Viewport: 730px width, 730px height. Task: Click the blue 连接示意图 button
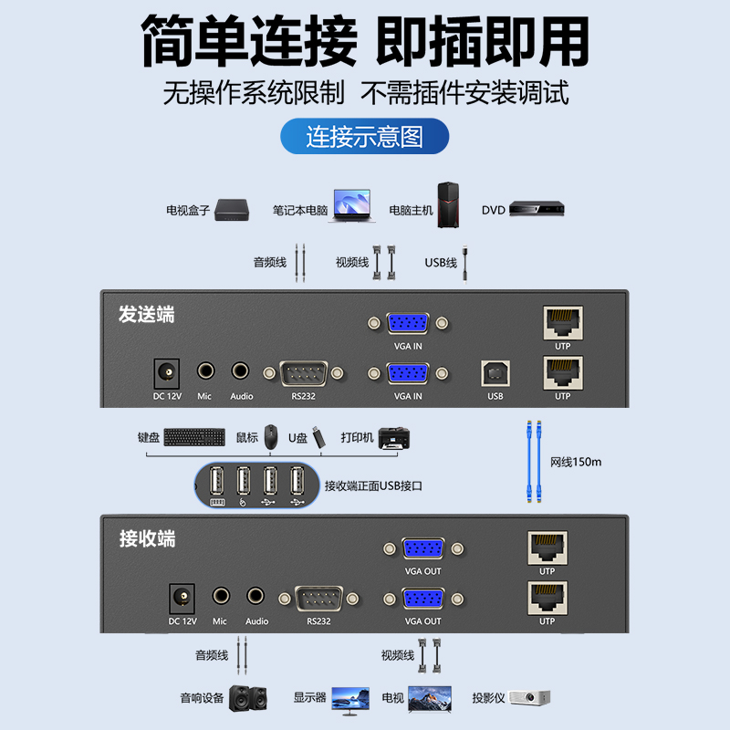pos(364,136)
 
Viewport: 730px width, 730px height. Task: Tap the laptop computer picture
pos(352,205)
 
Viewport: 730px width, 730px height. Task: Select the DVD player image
pos(537,208)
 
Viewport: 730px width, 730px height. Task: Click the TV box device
pos(232,210)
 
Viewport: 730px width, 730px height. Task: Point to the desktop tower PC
pos(448,204)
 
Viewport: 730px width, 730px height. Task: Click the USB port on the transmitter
pos(495,373)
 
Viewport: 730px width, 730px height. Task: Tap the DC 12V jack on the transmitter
pos(167,373)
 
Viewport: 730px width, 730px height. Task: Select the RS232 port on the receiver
pos(318,599)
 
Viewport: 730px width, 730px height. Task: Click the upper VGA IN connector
pos(408,323)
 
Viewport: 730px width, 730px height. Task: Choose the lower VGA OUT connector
pos(423,599)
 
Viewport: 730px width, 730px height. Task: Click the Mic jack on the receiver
pos(221,596)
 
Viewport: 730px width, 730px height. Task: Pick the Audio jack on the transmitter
pos(240,371)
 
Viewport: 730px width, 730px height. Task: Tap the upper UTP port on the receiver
pos(547,548)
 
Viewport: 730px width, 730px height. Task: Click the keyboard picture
pos(194,437)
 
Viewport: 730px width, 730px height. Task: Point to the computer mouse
pos(271,436)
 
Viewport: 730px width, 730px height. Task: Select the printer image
pos(394,438)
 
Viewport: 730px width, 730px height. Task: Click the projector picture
pos(529,697)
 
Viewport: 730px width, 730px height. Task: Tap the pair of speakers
pos(248,697)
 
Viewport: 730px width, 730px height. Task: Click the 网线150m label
pos(576,462)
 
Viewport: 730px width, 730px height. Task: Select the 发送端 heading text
pos(147,314)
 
